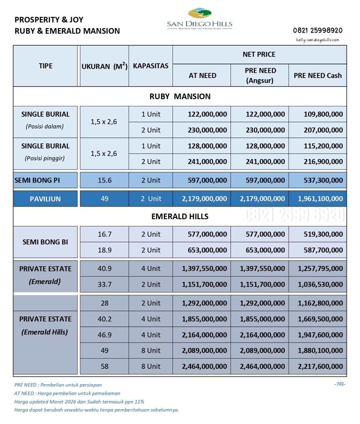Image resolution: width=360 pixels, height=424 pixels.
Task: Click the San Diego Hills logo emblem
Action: [x=200, y=14]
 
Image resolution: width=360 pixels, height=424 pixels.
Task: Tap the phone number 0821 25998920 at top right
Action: [x=317, y=31]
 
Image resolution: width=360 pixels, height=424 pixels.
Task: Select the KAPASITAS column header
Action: [x=151, y=66]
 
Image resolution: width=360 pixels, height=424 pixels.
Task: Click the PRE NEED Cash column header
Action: [x=318, y=76]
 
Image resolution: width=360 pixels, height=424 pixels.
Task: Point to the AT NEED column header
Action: [x=202, y=76]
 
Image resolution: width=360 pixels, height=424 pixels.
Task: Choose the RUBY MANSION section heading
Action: [x=180, y=97]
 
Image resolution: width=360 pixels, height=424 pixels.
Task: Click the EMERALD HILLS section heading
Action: [x=180, y=217]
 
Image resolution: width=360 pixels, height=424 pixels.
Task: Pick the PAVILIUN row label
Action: [x=45, y=199]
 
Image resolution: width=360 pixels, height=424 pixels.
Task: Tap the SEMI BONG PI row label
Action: [x=37, y=181]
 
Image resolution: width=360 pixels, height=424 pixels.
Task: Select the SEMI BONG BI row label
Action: [x=45, y=242]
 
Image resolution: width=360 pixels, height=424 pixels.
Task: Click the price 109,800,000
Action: [x=323, y=114]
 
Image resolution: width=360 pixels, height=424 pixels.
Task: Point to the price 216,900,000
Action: [x=323, y=162]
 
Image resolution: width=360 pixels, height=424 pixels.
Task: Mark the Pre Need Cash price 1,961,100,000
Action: [x=320, y=199]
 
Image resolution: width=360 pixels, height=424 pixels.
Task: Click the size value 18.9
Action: [x=104, y=250]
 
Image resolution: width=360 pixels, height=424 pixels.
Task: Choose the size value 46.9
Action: [x=104, y=335]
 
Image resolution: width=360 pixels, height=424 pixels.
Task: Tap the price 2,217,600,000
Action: [x=320, y=367]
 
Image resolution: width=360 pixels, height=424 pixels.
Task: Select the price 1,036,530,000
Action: [x=320, y=285]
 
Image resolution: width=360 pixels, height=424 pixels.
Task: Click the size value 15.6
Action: [x=104, y=181]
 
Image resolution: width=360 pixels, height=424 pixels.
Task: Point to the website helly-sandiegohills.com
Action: [x=317, y=40]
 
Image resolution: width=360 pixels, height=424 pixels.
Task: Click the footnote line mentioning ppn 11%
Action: [x=79, y=402]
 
